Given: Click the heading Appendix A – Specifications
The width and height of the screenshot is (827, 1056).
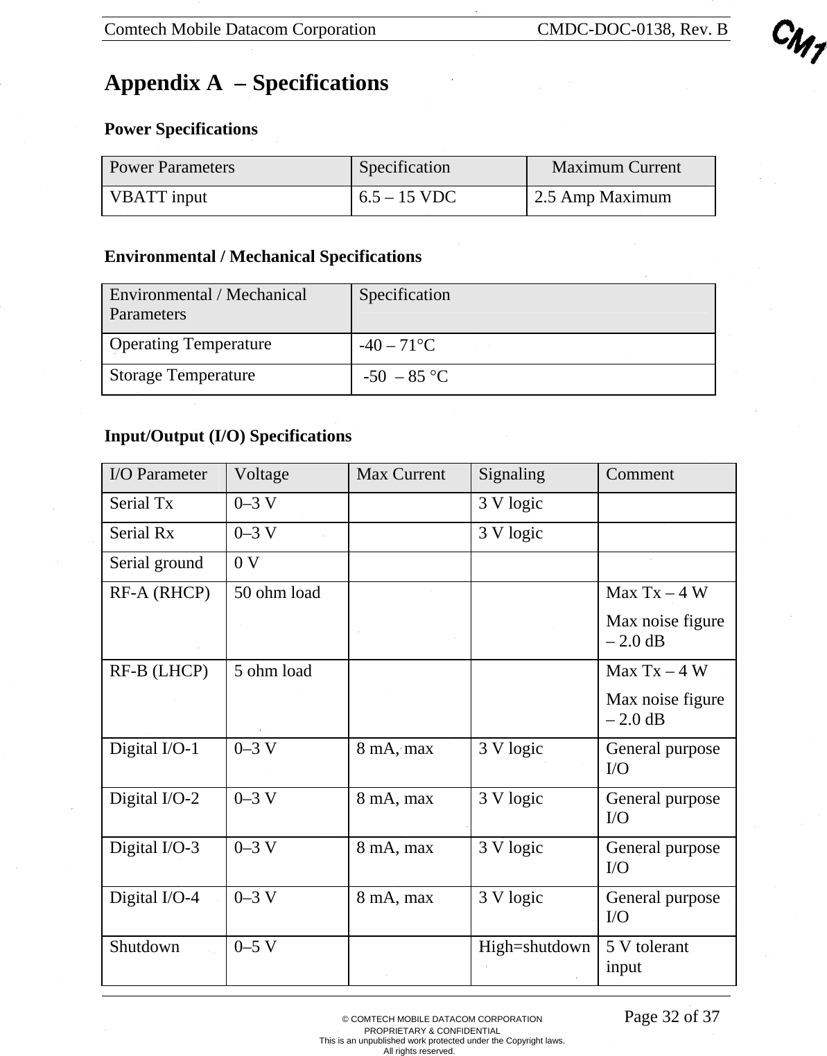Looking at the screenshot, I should tap(246, 83).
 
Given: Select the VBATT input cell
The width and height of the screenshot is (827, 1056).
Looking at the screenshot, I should tap(158, 197).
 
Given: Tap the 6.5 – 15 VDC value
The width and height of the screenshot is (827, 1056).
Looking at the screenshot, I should tap(407, 197).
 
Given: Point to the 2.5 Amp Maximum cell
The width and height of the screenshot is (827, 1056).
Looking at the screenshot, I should tap(602, 197).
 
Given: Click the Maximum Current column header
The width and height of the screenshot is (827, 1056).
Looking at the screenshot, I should tap(616, 168).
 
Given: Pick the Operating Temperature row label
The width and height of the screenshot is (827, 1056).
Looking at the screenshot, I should tap(190, 344).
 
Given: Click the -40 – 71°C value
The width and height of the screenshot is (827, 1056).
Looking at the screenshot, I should tap(397, 346).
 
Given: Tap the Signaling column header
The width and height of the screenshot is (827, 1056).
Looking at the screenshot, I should tap(512, 475).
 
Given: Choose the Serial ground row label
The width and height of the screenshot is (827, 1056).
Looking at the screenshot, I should tap(156, 563).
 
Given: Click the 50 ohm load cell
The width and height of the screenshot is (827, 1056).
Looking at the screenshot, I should tap(277, 593).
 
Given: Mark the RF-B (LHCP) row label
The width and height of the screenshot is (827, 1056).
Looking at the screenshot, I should tap(159, 671).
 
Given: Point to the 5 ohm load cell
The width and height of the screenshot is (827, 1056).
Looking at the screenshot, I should tap(272, 671).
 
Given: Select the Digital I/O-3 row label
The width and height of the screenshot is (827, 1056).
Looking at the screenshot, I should tap(154, 848).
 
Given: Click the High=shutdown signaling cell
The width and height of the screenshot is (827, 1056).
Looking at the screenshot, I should tap(534, 947).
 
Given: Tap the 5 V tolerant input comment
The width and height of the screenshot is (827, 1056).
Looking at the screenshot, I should tap(647, 956).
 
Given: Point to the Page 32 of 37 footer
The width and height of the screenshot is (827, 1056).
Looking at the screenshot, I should tap(671, 1017).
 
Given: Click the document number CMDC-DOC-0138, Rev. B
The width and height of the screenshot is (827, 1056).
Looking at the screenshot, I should tap(632, 29).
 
